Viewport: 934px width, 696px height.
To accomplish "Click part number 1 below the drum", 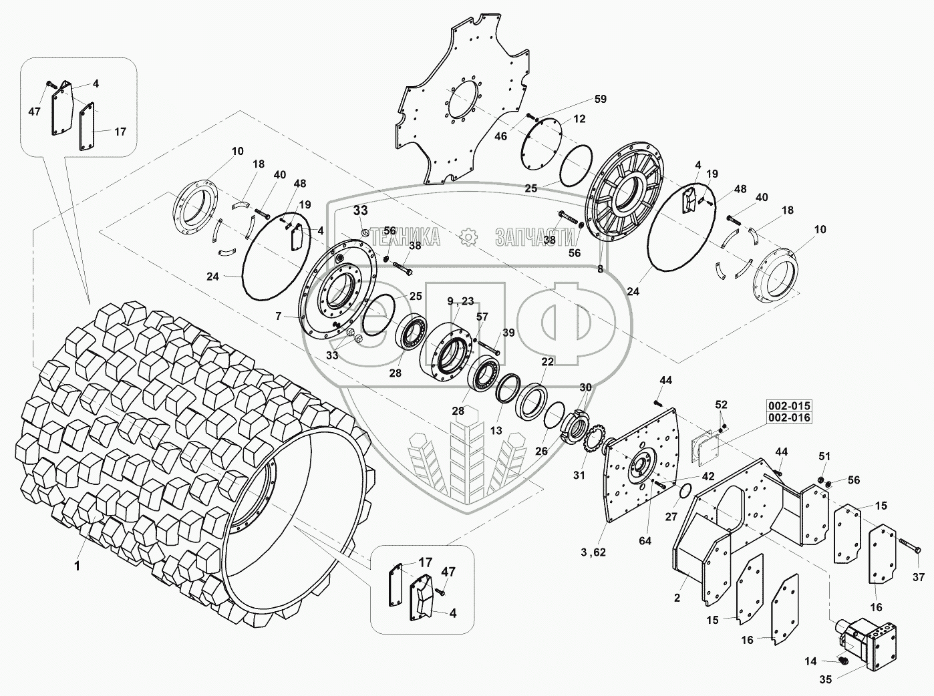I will (77, 566).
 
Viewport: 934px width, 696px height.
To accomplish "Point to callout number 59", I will (600, 99).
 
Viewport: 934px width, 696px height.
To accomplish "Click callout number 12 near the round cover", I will (579, 118).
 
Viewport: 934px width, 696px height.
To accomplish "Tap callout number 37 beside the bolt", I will (919, 576).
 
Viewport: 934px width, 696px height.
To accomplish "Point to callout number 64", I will (644, 541).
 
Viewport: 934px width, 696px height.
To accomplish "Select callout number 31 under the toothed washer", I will (579, 476).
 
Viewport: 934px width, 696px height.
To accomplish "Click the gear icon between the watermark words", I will (468, 236).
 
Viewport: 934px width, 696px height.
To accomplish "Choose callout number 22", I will (548, 361).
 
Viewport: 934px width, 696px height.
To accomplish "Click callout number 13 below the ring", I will (496, 431).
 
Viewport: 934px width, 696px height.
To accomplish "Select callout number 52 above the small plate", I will (722, 405).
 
